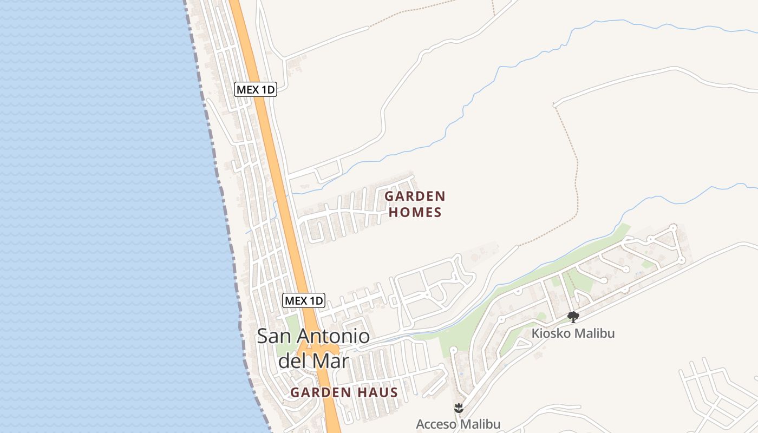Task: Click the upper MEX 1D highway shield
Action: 256,89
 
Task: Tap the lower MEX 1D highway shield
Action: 304,300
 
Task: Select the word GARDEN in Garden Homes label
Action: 415,196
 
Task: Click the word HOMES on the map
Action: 415,212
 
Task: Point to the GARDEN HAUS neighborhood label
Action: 344,392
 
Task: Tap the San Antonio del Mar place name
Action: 313,348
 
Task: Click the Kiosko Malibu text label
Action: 573,333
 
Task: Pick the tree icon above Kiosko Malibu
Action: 573,317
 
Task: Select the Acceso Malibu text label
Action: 458,424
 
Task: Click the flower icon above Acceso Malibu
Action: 459,408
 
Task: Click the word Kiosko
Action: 551,333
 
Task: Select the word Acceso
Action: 436,424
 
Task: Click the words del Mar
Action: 313,360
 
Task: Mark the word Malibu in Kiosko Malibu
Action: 595,333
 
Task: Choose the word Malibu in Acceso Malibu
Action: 480,424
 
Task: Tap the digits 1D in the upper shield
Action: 268,89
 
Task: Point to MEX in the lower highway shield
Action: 296,300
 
